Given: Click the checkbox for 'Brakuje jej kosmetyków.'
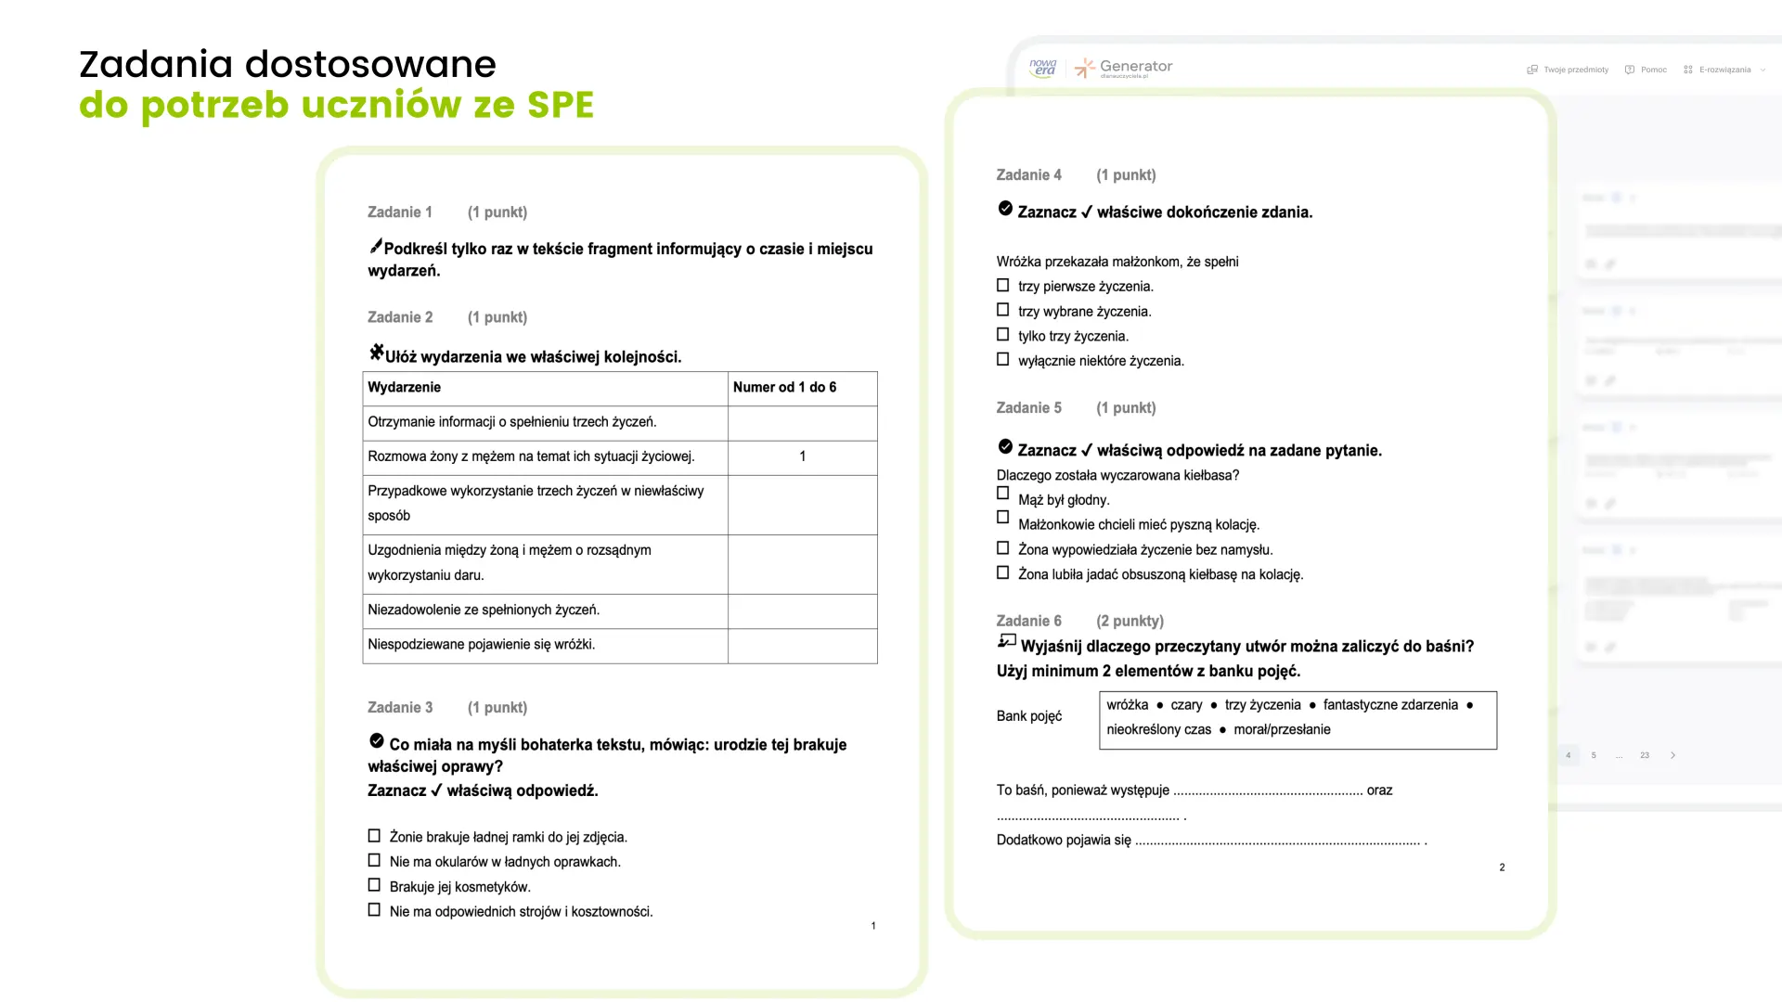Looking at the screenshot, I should (374, 886).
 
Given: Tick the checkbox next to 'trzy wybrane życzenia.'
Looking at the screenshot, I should (1002, 310).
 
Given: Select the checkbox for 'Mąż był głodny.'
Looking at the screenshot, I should (1002, 494).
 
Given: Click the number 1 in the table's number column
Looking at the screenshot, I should (803, 456).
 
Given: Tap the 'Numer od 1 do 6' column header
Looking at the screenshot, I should (784, 388).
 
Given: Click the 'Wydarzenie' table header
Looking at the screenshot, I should (405, 388).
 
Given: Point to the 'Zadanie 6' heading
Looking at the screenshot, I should (1028, 621).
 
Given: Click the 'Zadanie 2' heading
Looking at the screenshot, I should (400, 317).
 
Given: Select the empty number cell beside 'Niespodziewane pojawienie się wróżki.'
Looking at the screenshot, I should (803, 646).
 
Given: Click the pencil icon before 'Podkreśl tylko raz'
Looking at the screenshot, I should (375, 246).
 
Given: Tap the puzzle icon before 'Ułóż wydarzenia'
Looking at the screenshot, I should (376, 353).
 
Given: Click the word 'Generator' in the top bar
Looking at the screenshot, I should (1135, 67).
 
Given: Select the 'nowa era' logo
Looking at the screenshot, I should (1043, 68).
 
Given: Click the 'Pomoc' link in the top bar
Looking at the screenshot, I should (1653, 70).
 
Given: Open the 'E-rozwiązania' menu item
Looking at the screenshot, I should (1724, 70).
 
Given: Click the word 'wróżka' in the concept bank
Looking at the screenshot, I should (1127, 705).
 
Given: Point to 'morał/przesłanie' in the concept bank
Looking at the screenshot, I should (1282, 730).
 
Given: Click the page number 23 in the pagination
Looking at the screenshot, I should (1645, 755).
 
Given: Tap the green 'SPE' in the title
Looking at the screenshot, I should (560, 105).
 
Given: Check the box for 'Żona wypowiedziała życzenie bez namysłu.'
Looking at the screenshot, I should (1002, 548).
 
